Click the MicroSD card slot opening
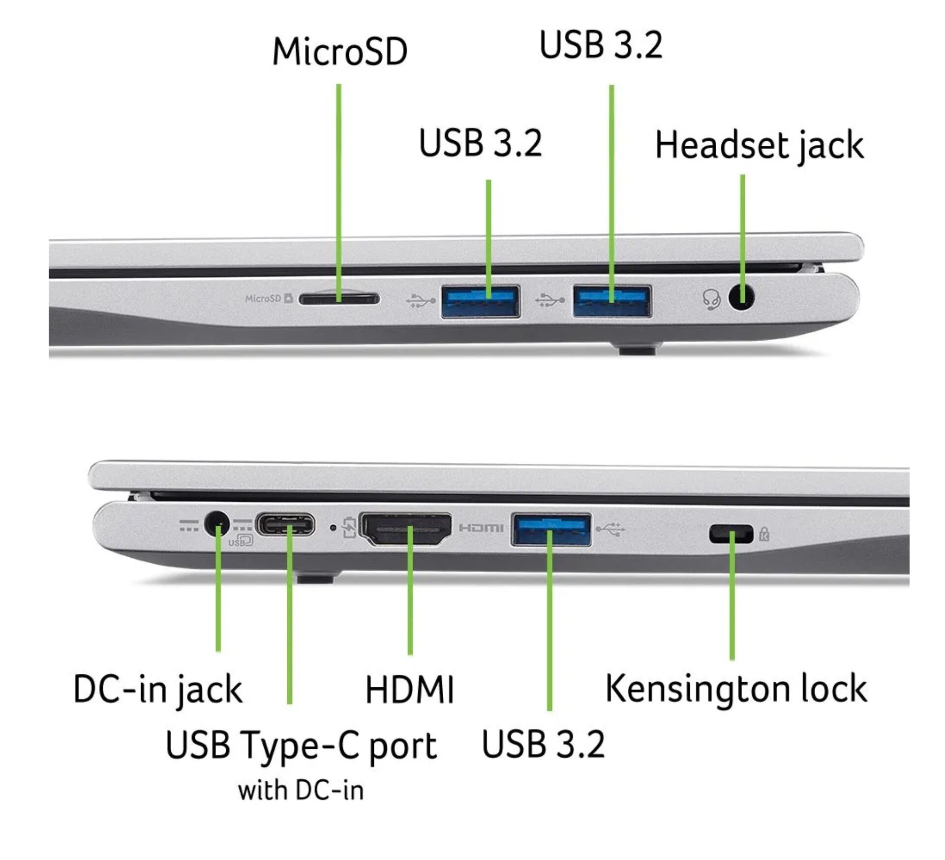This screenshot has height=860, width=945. (339, 298)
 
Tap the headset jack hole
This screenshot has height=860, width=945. (741, 297)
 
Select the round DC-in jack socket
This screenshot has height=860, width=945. (216, 525)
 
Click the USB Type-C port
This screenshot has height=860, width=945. (285, 525)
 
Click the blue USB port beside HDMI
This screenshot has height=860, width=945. (551, 529)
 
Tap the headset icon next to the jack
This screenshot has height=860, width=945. (711, 298)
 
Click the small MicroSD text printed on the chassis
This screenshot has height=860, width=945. (263, 298)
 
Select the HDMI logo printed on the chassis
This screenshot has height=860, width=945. (481, 528)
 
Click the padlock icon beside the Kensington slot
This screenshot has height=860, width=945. (764, 534)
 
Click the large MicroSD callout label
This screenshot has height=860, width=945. (340, 52)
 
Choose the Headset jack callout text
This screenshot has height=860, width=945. (759, 145)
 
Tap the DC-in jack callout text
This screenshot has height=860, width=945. (158, 689)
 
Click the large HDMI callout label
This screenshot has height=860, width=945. (409, 690)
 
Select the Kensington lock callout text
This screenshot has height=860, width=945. (736, 688)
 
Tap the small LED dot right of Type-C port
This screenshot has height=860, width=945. (333, 528)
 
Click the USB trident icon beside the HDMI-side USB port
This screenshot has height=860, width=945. (610, 529)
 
